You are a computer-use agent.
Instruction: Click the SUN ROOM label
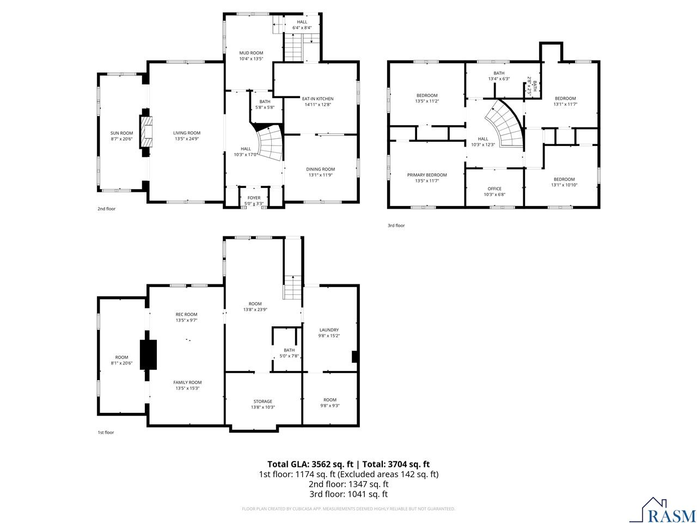tap(121, 133)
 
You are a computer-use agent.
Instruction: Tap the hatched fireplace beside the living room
tap(145, 132)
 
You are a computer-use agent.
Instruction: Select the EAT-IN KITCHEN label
tap(317, 99)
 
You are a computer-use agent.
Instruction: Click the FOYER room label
tap(254, 198)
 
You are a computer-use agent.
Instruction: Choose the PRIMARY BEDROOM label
tap(427, 175)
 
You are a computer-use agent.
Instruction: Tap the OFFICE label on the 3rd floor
tap(494, 188)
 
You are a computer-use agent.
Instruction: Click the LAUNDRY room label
tap(329, 330)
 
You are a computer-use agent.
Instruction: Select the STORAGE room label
tap(262, 402)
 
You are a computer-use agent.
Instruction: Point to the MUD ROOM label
tap(251, 53)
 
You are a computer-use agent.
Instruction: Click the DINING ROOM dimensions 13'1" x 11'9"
tap(320, 175)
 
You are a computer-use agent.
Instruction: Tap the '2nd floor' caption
tap(106, 209)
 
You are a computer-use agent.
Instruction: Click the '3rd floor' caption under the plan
tap(396, 226)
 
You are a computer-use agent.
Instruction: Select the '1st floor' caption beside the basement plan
tap(106, 432)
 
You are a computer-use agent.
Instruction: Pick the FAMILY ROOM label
tap(187, 382)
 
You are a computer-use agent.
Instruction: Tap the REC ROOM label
tap(186, 314)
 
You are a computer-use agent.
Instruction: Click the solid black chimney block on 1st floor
tap(148, 355)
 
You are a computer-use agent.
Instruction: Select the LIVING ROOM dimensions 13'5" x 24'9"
tap(187, 139)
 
